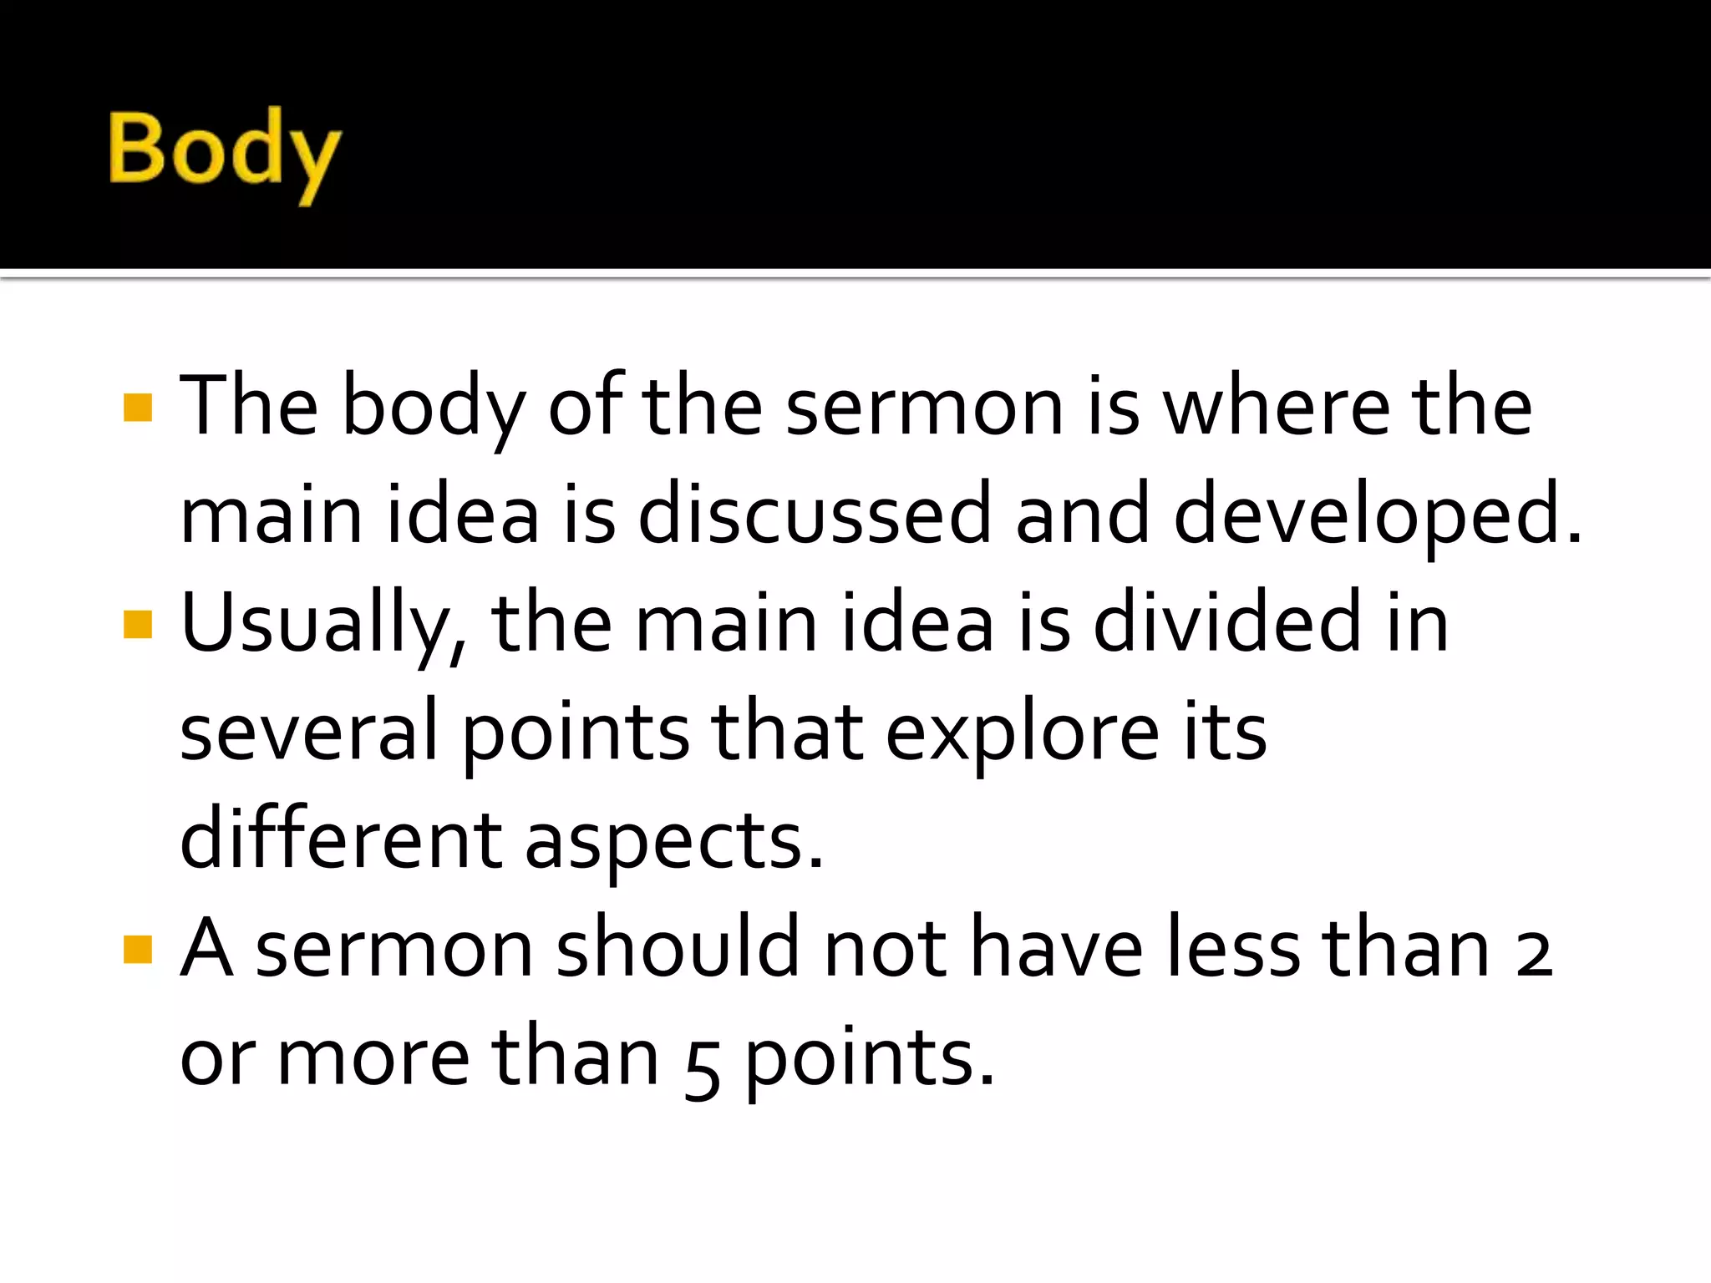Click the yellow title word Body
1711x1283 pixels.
pos(224,153)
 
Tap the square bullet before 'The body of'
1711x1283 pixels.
pos(138,408)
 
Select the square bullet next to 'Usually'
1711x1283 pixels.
pos(138,624)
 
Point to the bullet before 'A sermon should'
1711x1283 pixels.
pos(138,950)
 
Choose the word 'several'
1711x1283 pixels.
pos(308,732)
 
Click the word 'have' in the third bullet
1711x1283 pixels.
pos(1057,949)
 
